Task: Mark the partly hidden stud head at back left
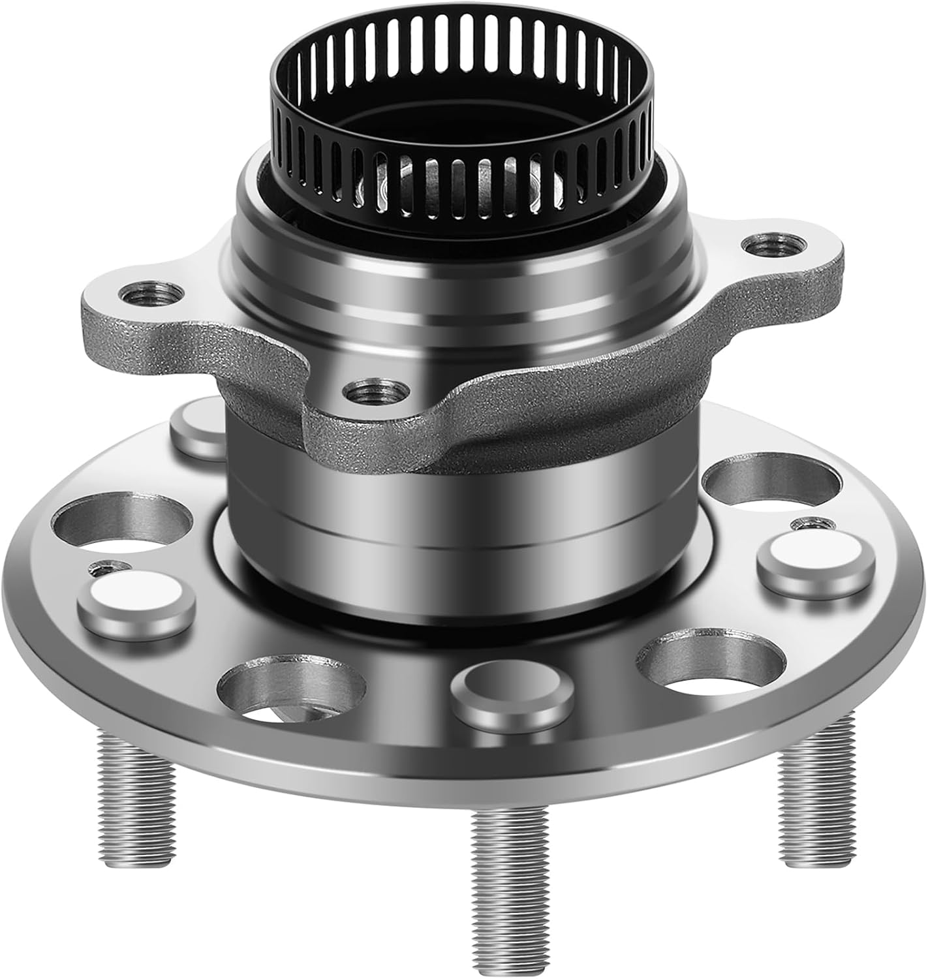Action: (x=199, y=427)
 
